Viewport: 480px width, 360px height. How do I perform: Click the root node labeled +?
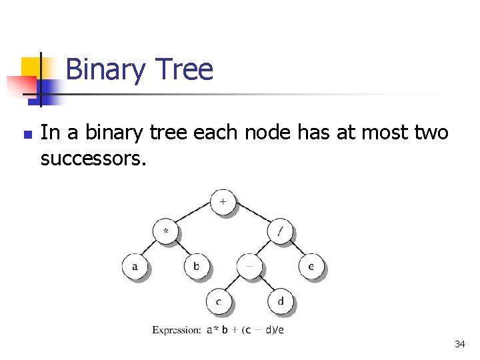(x=223, y=201)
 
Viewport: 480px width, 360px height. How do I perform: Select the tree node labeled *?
(x=165, y=232)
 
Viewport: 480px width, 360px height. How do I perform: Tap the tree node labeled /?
(x=280, y=232)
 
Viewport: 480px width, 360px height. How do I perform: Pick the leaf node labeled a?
(x=135, y=267)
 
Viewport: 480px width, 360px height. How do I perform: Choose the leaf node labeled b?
(x=197, y=267)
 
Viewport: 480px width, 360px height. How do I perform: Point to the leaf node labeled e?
(x=311, y=267)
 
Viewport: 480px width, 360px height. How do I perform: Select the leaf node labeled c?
(x=218, y=301)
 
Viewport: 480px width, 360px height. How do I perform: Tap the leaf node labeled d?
(x=280, y=301)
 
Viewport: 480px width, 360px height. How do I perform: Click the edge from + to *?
(x=194, y=217)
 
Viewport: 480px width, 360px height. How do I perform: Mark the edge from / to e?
(x=295, y=249)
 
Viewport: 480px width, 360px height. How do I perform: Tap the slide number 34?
(x=459, y=344)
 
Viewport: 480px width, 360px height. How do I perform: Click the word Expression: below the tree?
(x=177, y=329)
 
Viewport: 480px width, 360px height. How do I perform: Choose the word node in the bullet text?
(x=267, y=133)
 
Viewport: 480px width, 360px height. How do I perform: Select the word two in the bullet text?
(x=431, y=133)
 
